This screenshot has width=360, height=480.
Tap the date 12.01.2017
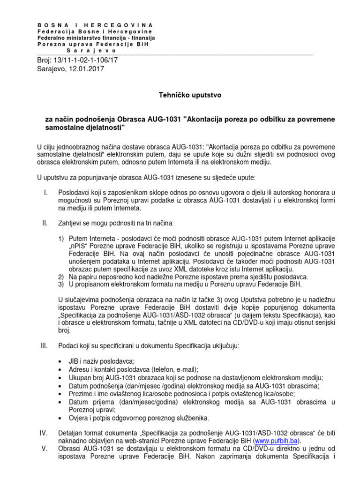pos(87,68)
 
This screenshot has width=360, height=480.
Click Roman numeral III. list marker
pos(45,345)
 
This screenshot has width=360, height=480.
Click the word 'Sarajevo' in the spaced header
pos(91,50)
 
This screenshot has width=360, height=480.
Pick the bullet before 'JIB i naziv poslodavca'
pos(60,361)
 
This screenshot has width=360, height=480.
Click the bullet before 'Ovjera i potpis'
pos(60,418)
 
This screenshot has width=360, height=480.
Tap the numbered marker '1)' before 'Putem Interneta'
pos(61,239)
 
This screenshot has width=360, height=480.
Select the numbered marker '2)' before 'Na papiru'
pos(61,277)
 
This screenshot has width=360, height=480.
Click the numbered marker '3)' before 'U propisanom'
pos(61,284)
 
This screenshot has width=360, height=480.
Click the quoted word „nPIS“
pos(80,246)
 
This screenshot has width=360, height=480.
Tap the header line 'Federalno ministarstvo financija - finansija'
pos(96,37)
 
